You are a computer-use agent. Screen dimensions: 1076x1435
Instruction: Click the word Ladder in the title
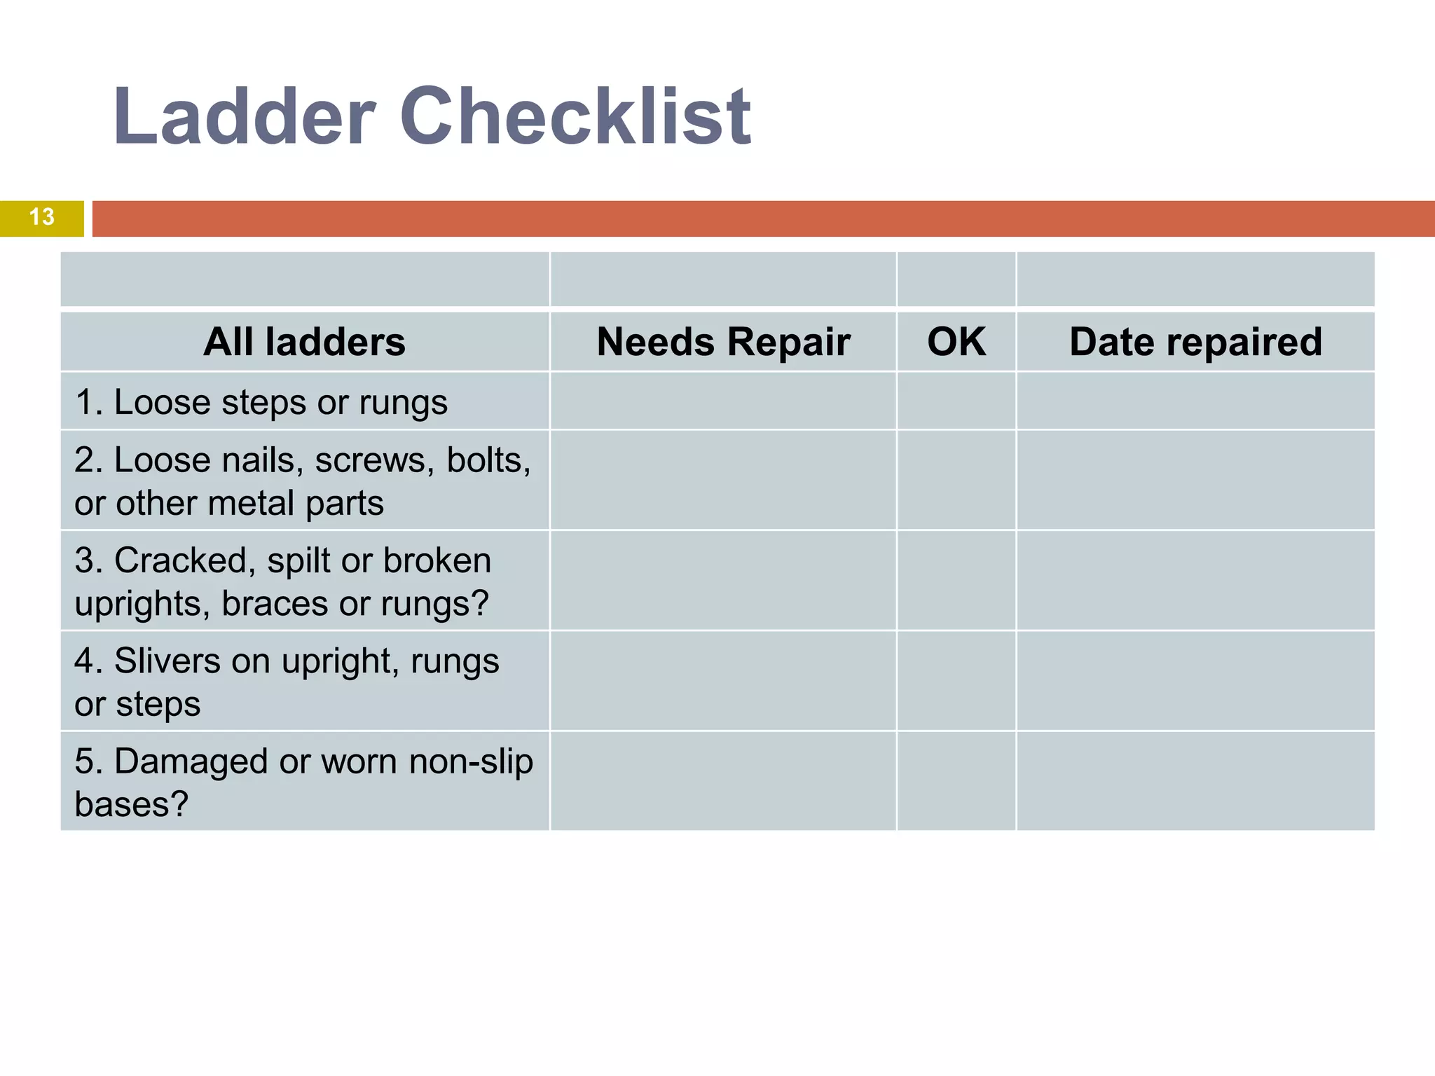pyautogui.click(x=245, y=116)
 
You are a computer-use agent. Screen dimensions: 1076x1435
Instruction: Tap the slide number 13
pyautogui.click(x=42, y=217)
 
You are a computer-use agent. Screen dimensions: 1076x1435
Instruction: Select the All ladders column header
pyautogui.click(x=304, y=342)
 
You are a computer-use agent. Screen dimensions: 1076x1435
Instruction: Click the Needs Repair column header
pyautogui.click(x=723, y=342)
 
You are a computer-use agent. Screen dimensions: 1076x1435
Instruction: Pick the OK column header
pyautogui.click(x=956, y=342)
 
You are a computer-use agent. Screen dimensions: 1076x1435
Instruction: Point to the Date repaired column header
pyautogui.click(x=1195, y=342)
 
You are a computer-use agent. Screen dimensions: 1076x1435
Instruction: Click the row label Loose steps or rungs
pyautogui.click(x=261, y=402)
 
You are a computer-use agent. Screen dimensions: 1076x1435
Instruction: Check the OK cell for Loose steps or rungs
pyautogui.click(x=956, y=401)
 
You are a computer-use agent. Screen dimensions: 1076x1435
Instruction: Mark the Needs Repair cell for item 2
pyautogui.click(x=723, y=481)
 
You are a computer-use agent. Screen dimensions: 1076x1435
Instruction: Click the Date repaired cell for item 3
pyautogui.click(x=1195, y=581)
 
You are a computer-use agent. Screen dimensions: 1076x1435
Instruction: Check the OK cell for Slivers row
pyautogui.click(x=956, y=681)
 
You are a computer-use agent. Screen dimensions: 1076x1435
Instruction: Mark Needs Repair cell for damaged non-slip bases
pyautogui.click(x=723, y=781)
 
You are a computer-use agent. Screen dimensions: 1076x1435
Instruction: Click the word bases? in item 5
pyautogui.click(x=132, y=804)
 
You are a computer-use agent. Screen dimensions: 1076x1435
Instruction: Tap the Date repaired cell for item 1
pyautogui.click(x=1195, y=401)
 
